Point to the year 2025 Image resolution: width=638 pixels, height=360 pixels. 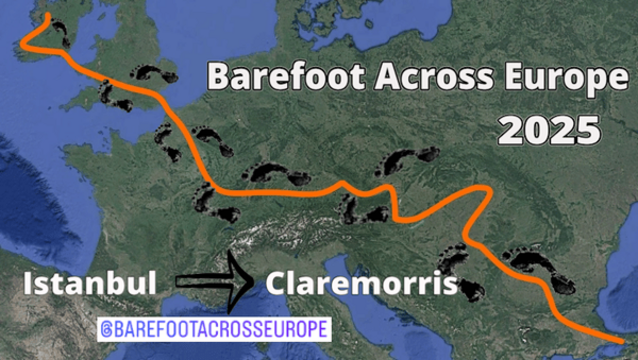coord(549,128)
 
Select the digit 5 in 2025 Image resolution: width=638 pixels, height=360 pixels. coord(587,128)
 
